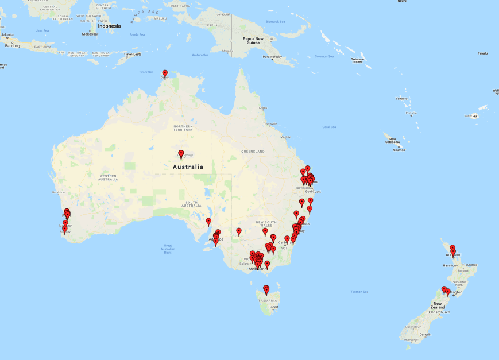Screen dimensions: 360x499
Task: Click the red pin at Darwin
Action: [165, 73]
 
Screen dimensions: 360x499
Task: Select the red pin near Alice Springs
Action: [181, 153]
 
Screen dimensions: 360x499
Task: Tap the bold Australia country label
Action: [188, 167]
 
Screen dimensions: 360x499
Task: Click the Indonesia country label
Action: [110, 26]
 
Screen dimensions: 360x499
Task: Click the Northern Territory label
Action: [183, 128]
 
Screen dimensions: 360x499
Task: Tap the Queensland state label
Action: [253, 152]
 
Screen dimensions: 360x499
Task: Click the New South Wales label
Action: [267, 224]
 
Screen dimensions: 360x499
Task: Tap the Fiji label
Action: [475, 116]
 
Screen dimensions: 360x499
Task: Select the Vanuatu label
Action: [401, 99]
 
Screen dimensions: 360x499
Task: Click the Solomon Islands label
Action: [357, 60]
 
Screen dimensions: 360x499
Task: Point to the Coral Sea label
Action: [329, 127]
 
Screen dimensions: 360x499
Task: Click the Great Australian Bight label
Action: [168, 249]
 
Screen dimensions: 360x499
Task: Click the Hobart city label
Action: [273, 307]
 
